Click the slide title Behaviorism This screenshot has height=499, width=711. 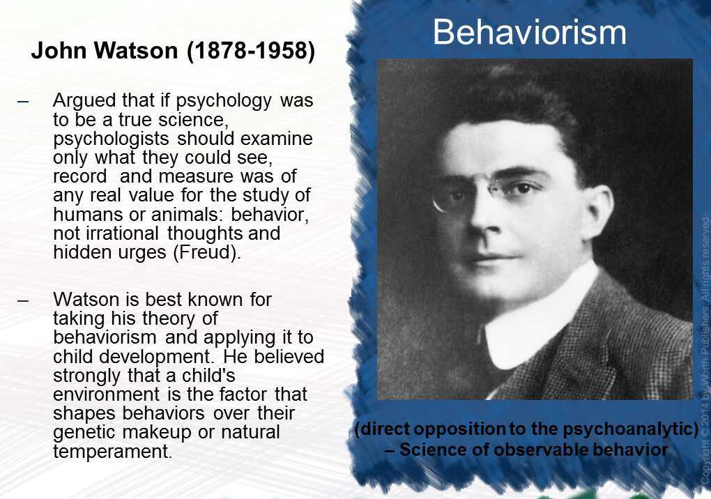529,33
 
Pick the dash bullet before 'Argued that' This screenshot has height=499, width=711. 23,101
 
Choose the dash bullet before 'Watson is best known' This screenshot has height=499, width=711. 23,300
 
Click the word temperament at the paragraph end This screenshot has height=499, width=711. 112,451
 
